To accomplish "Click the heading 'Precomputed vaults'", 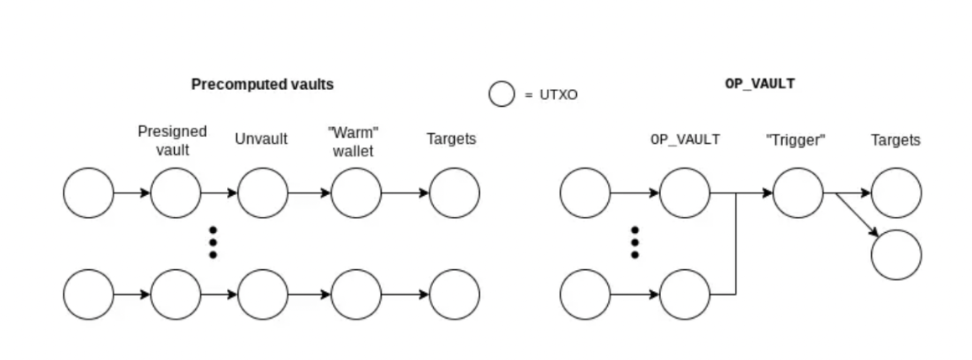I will pos(262,84).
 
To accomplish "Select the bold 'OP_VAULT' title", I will pos(759,84).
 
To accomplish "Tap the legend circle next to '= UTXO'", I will pos(502,94).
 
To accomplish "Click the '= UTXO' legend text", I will pos(551,95).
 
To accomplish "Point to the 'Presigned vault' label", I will pos(172,140).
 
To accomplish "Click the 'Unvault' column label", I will pos(261,139).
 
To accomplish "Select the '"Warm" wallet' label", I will pos(354,140).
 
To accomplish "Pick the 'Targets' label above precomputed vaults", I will pos(451,139).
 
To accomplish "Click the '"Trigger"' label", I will pos(795,140).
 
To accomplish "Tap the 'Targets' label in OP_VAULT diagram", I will pos(895,140).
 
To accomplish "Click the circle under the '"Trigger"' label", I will pos(797,193).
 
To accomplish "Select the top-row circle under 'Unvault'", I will pos(262,193).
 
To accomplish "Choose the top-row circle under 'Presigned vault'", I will pos(176,193).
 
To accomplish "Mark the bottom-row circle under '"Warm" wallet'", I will pos(356,294).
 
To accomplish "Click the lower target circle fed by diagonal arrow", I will pos(895,254).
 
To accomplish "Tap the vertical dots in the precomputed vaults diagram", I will pos(214,242).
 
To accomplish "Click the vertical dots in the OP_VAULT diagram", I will pos(635,242).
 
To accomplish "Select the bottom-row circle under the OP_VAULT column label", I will pos(684,294).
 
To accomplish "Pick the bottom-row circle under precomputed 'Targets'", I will pos(454,294).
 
